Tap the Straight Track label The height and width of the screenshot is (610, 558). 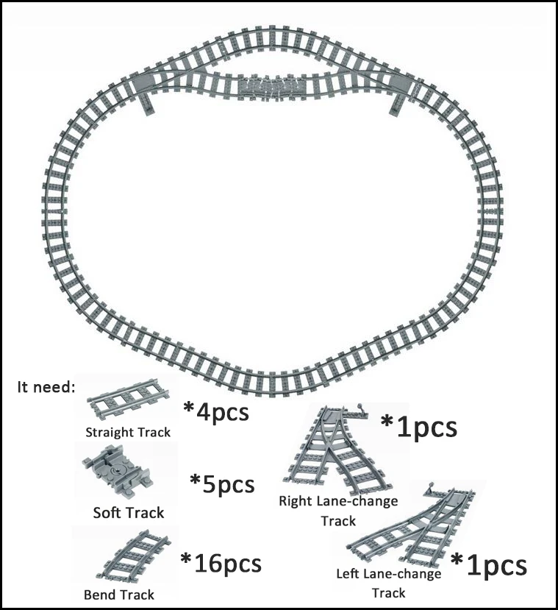pos(128,432)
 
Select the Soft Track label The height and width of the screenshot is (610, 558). pos(129,512)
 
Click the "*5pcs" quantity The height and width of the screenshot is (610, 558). pos(222,484)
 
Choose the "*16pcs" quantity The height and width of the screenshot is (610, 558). pos(221,564)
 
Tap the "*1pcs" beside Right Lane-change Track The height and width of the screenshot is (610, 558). pos(419,427)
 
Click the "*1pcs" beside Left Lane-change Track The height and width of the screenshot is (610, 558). pos(489,565)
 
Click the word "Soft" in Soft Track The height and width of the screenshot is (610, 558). pos(108,512)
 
